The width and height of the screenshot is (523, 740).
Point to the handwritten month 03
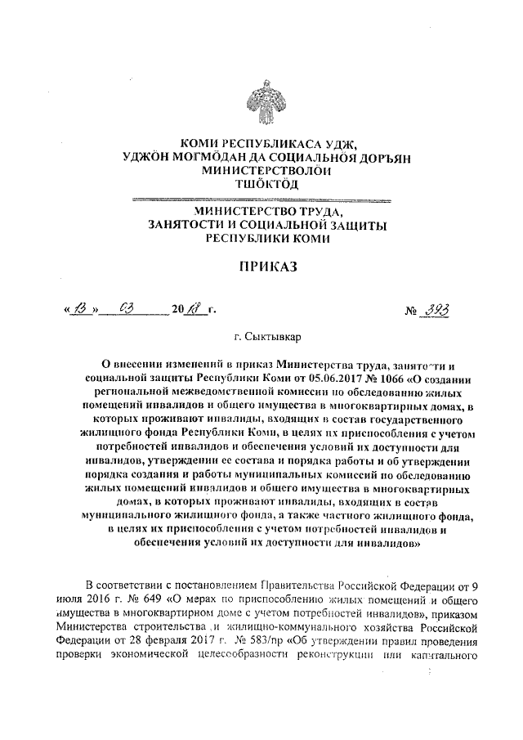tap(127, 310)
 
